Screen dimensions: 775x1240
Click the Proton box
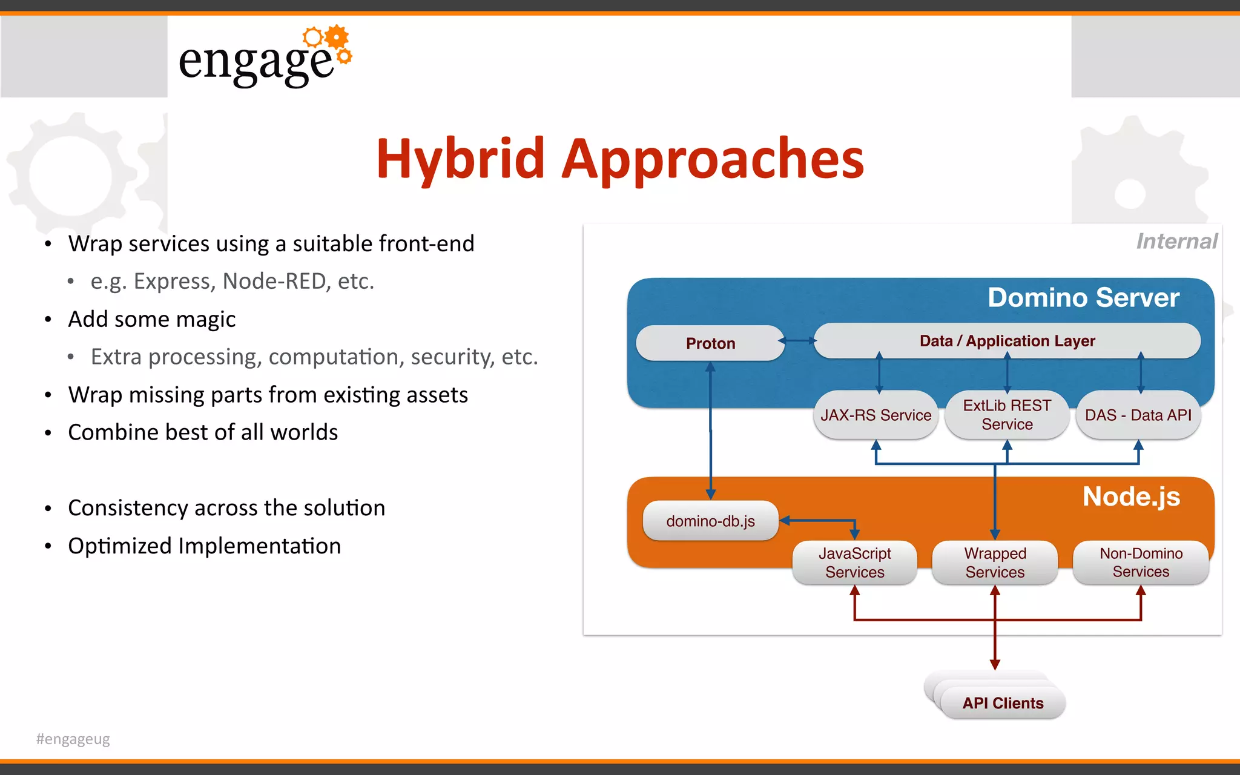coord(710,343)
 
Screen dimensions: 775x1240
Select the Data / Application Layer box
coord(1007,341)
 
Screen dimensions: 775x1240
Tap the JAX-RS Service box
coord(876,415)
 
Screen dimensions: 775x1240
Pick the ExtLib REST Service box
coord(1007,415)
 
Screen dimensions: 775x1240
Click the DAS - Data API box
coord(1138,415)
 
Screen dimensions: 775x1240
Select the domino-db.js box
coord(710,521)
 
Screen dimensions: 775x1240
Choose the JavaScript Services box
coord(854,563)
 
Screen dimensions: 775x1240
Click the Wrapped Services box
coord(995,563)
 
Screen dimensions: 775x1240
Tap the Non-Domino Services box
coord(1141,563)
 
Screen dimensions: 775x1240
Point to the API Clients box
coord(1003,703)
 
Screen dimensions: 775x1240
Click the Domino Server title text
coord(1083,298)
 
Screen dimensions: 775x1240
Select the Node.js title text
coord(1131,497)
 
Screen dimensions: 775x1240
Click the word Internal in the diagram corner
coord(1176,242)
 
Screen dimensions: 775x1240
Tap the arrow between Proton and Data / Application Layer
coord(799,341)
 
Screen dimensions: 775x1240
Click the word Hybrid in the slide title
coord(460,159)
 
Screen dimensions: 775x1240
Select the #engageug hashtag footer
coord(73,739)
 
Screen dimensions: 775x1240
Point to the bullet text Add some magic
coord(151,320)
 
